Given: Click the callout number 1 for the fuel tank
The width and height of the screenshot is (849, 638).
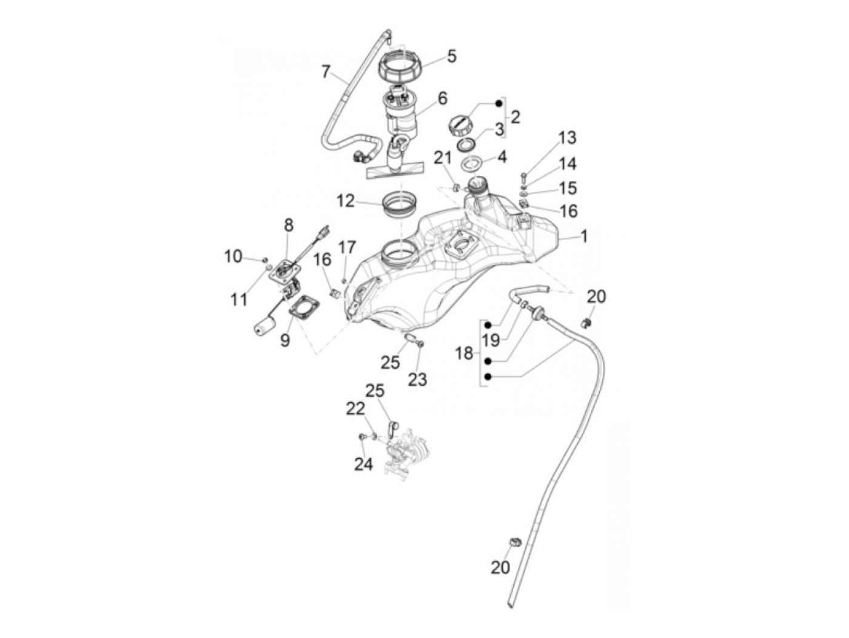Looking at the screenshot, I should [x=584, y=236].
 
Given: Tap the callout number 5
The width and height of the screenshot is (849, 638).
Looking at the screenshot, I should [x=451, y=56].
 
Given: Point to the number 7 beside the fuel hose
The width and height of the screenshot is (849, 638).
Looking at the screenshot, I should [x=326, y=72].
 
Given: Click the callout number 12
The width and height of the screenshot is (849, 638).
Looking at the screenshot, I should [x=345, y=200].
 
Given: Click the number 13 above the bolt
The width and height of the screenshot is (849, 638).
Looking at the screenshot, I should [x=567, y=138].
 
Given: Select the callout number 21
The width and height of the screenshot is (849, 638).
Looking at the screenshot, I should [x=443, y=158].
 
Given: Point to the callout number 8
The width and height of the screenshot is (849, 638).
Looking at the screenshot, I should [x=289, y=226].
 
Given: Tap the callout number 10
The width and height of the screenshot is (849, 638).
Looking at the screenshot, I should [x=233, y=257].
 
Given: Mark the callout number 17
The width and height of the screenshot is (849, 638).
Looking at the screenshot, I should [x=347, y=247].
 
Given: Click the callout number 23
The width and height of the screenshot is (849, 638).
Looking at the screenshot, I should [x=417, y=379].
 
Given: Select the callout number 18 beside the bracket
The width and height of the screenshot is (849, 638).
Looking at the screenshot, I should [x=464, y=353].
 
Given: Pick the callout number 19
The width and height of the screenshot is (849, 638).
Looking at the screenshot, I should [x=491, y=340].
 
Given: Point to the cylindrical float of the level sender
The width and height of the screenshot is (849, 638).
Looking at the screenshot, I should [x=264, y=327].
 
